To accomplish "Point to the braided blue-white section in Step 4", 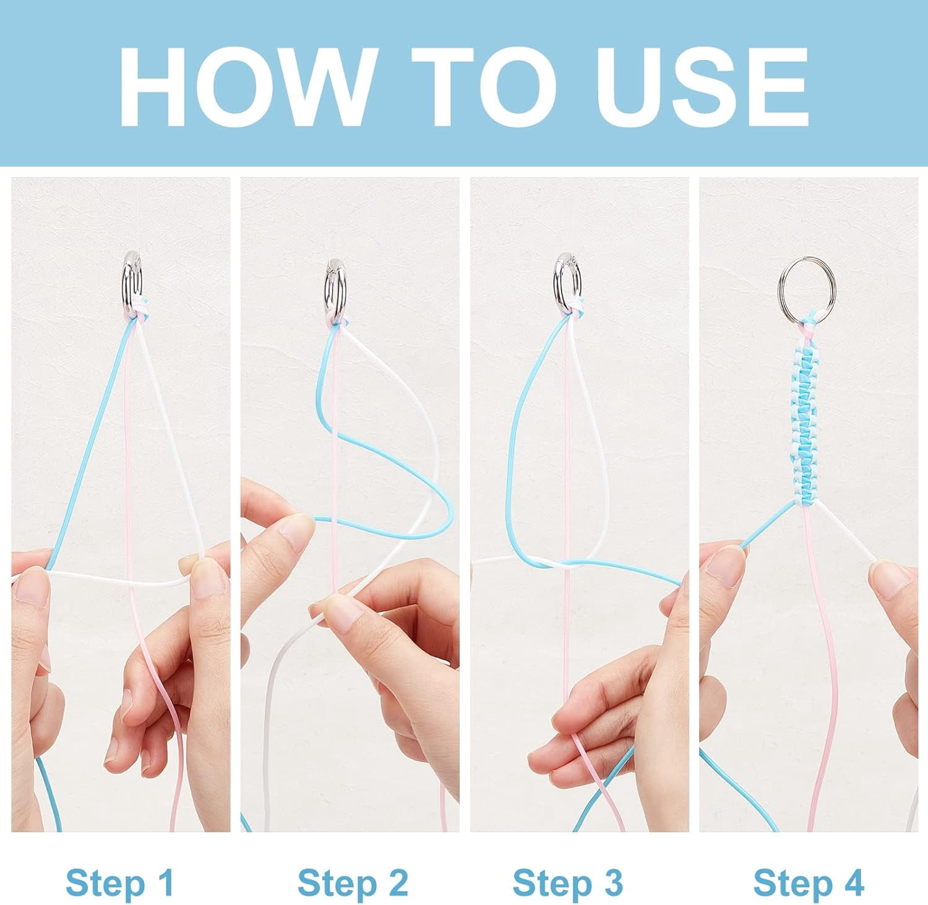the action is [x=804, y=413].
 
